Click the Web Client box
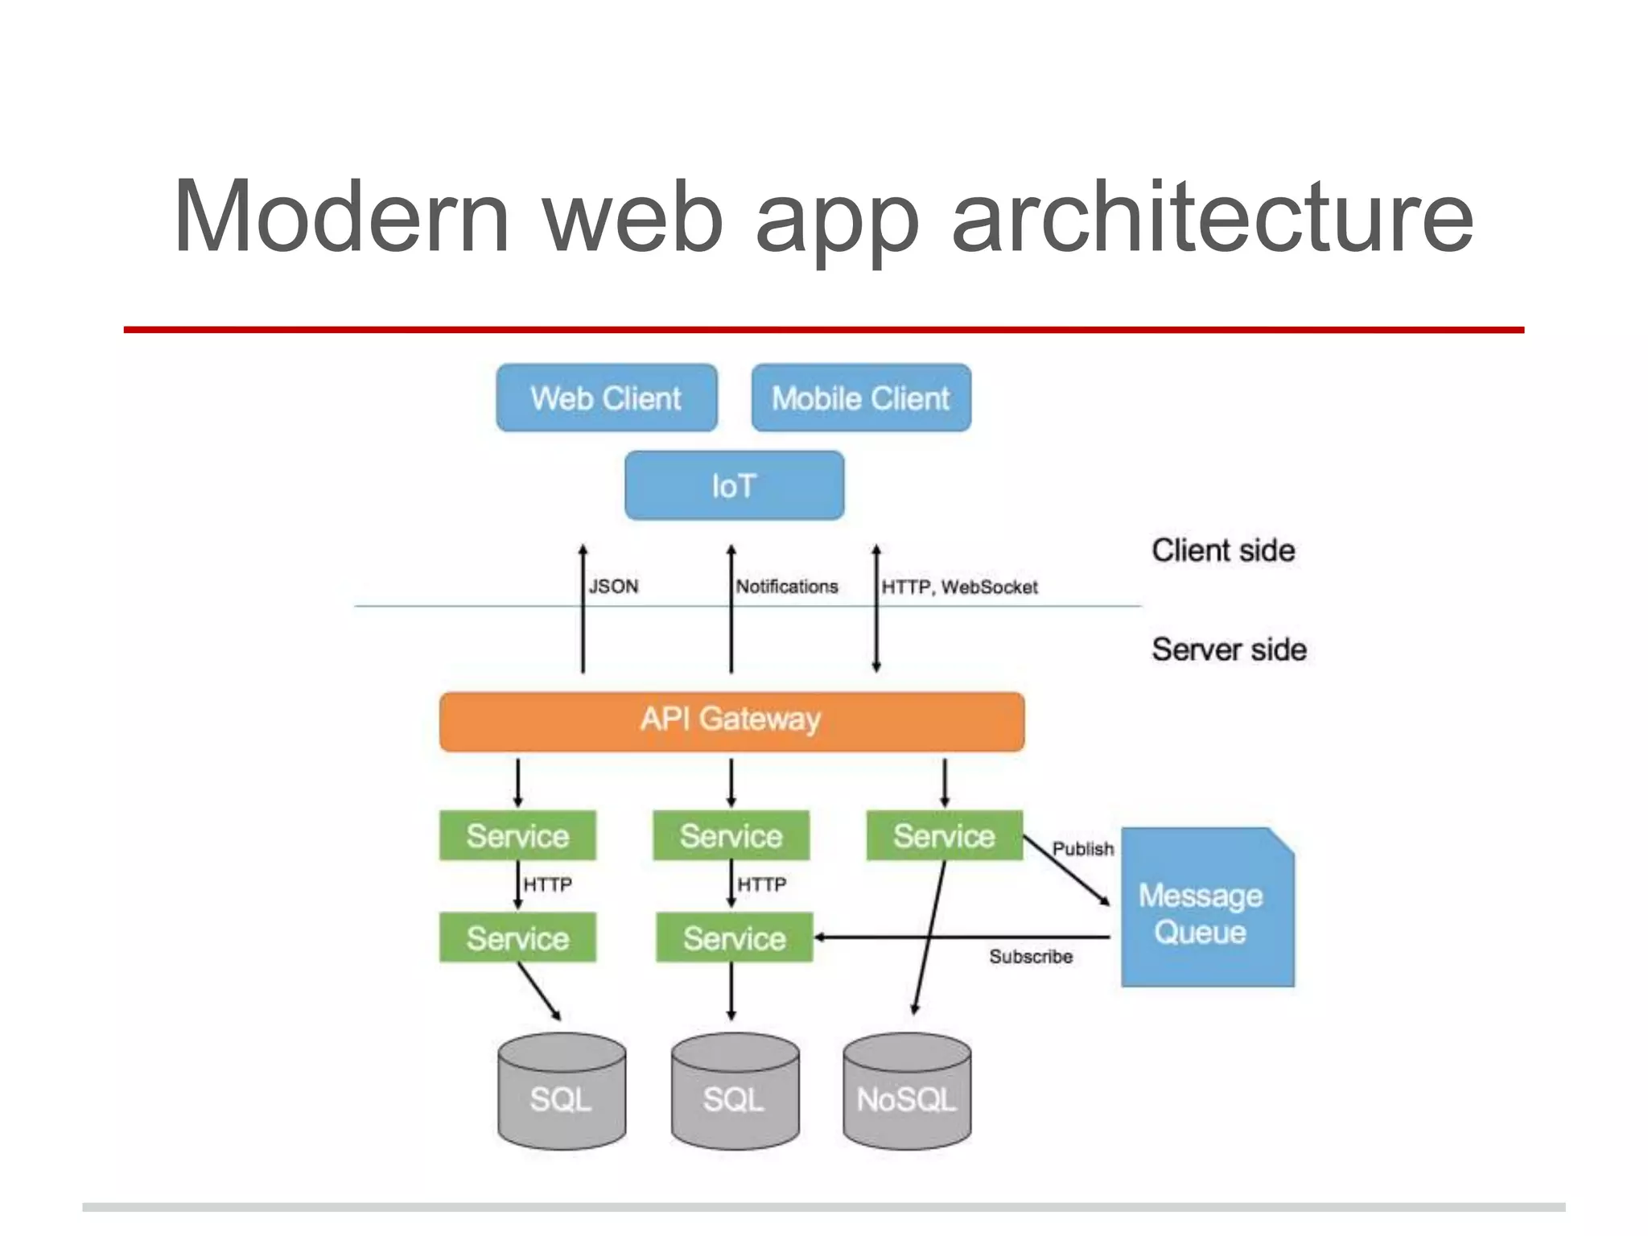606,398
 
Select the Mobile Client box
861,398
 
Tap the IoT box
734,485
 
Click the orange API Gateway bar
731,721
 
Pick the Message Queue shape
1207,913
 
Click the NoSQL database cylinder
907,1094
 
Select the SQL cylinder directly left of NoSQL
735,1094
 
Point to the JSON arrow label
613,586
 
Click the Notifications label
787,586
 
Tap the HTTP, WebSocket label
959,587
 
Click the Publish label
1083,848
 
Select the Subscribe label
1031,956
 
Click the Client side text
1223,550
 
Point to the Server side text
1229,649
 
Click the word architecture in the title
1212,217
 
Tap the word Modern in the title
342,217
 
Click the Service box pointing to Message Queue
944,835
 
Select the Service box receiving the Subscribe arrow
734,937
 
